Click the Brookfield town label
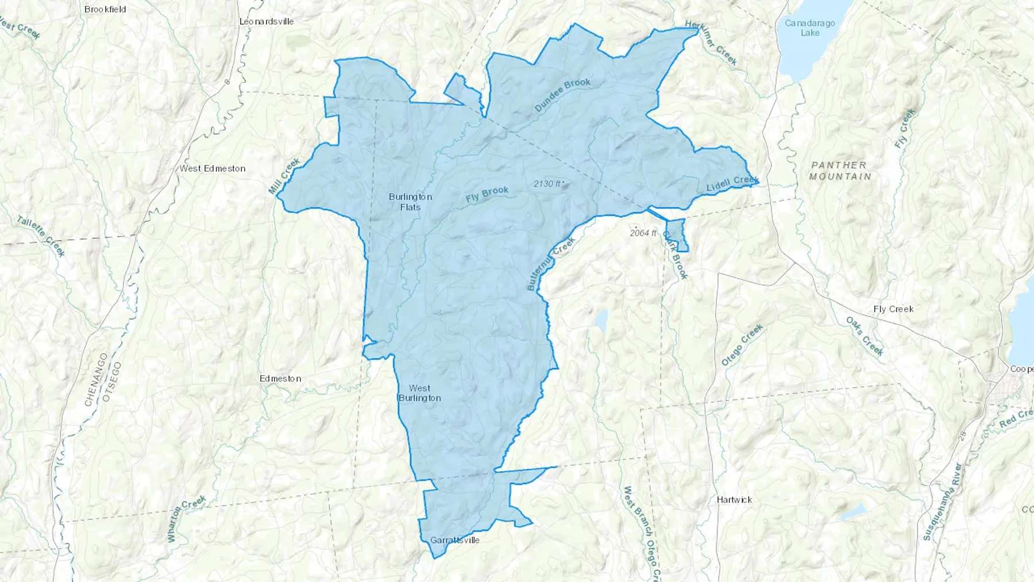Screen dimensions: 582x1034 pos(105,9)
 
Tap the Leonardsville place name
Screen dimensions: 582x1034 pos(267,21)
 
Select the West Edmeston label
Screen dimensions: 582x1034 pos(213,168)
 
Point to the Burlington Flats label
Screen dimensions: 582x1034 pos(410,202)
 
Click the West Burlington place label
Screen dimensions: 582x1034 pos(419,393)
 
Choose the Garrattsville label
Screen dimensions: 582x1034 pos(454,540)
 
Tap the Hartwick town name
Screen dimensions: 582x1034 pos(734,500)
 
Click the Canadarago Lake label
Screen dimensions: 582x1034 pos(810,28)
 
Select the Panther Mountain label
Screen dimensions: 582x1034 pos(840,171)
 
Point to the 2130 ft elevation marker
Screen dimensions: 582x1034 pos(548,184)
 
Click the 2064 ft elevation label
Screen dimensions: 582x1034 pos(643,233)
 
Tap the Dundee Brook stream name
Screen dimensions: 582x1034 pos(562,95)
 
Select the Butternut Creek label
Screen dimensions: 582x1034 pos(551,264)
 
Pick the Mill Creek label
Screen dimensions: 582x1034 pos(284,176)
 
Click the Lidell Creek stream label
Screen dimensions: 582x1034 pos(732,184)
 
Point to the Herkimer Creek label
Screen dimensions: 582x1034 pos(711,43)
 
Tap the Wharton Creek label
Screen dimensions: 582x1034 pos(186,519)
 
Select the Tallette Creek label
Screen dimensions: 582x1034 pos(41,236)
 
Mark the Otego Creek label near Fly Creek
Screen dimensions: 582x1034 pos(742,345)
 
